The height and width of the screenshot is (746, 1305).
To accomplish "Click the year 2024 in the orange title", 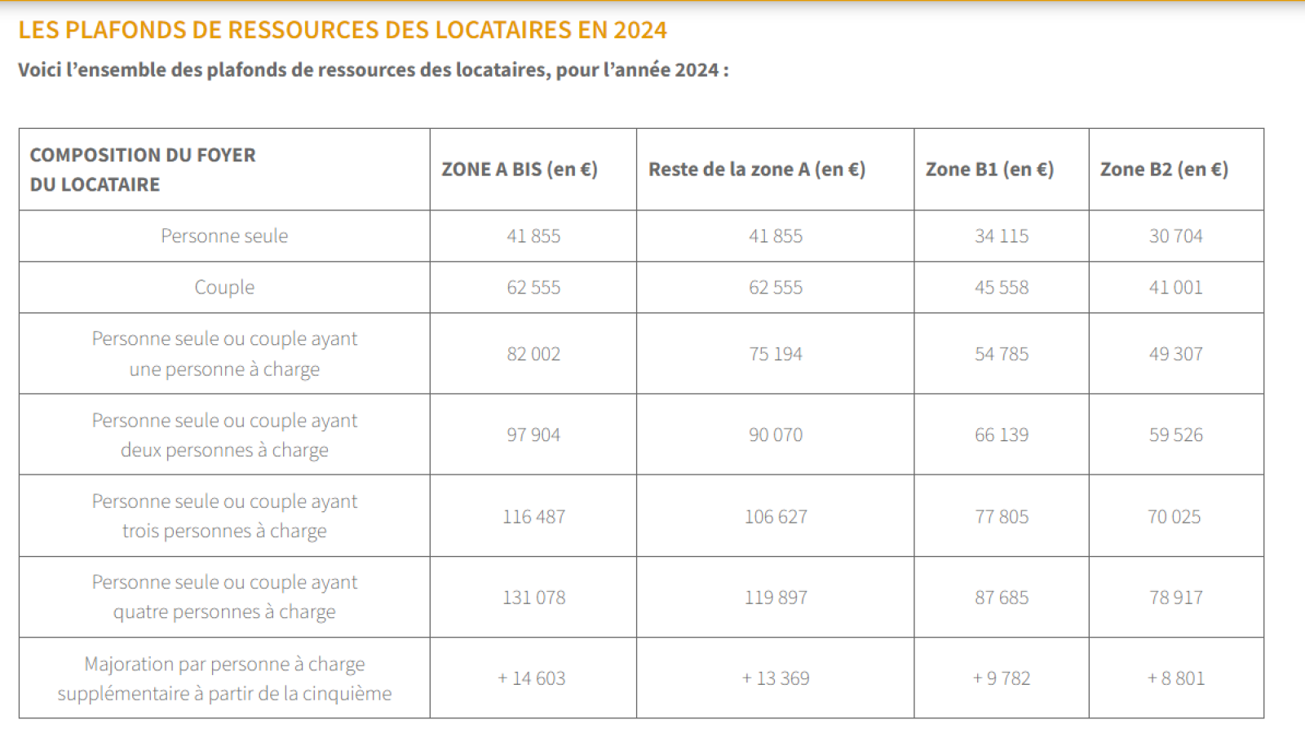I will pyautogui.click(x=640, y=30).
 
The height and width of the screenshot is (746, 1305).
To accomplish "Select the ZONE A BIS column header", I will pyautogui.click(x=520, y=170).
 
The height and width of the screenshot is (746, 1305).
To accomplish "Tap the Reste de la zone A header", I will pyautogui.click(x=756, y=170).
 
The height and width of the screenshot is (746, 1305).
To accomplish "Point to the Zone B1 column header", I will pyautogui.click(x=989, y=170).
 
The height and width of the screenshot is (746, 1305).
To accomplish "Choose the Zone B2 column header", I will pyautogui.click(x=1164, y=170).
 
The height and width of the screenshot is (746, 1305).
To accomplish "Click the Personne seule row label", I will pyautogui.click(x=224, y=236).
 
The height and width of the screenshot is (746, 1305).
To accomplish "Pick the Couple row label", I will pyautogui.click(x=224, y=288).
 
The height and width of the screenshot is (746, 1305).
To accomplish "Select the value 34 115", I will pyautogui.click(x=1002, y=236).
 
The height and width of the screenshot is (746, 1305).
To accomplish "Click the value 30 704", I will pyautogui.click(x=1175, y=236).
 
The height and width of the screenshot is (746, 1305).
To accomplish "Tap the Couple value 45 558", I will pyautogui.click(x=1002, y=288).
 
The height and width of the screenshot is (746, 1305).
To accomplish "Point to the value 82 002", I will pyautogui.click(x=533, y=355).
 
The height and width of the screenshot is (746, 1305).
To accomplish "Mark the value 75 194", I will pyautogui.click(x=776, y=355).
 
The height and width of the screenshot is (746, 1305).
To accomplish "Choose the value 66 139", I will pyautogui.click(x=1002, y=435).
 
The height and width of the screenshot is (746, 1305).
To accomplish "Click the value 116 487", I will pyautogui.click(x=533, y=517).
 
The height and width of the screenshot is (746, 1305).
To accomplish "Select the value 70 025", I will pyautogui.click(x=1174, y=517).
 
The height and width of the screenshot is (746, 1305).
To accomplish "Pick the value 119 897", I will pyautogui.click(x=776, y=598).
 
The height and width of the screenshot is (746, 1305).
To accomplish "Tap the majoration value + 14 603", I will pyautogui.click(x=532, y=678).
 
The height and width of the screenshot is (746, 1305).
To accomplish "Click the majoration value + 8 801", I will pyautogui.click(x=1175, y=678).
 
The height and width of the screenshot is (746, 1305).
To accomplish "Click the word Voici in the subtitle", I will pyautogui.click(x=40, y=70).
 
